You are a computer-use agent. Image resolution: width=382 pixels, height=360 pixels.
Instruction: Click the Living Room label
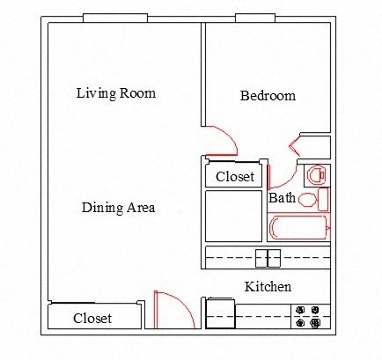(115, 92)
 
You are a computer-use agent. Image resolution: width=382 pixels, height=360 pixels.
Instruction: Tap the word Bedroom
(268, 96)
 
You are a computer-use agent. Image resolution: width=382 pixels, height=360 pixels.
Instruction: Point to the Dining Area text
(118, 208)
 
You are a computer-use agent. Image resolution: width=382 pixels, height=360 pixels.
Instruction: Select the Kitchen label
(268, 287)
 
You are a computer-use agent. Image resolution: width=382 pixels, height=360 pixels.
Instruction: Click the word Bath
(282, 198)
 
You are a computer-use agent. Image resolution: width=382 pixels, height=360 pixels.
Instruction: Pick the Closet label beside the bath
(235, 177)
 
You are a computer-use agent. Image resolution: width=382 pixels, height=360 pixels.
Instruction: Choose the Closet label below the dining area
(92, 319)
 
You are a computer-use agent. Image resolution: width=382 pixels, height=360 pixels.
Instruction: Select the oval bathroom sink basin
(307, 200)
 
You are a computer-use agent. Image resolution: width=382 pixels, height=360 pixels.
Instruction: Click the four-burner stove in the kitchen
(308, 317)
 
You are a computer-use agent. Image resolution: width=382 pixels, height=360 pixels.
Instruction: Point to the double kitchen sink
(268, 258)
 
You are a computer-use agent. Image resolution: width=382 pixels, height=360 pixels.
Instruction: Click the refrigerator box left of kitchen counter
(220, 314)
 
